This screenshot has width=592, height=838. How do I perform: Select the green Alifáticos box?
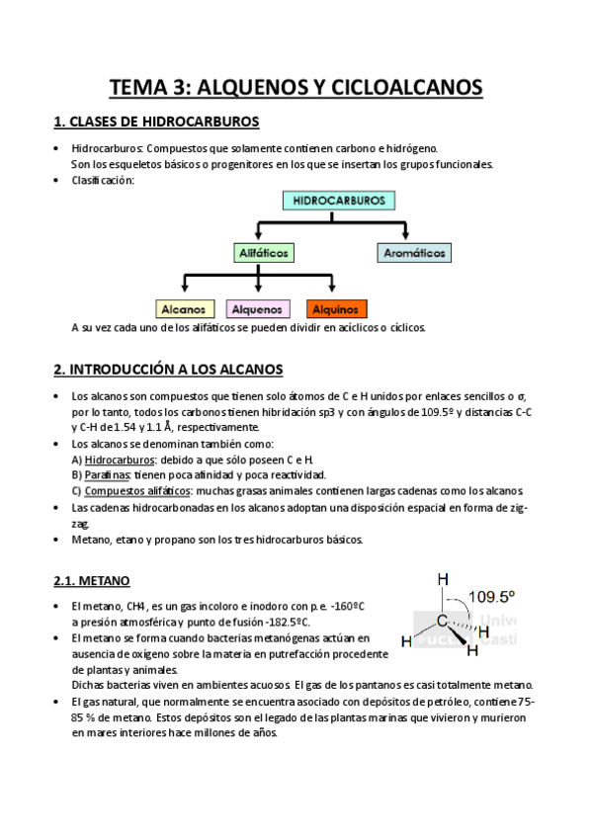coord(264,253)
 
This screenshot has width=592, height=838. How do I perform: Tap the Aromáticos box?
coord(415,253)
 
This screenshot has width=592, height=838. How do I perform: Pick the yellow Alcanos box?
coord(183,308)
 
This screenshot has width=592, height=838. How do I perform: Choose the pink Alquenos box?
coord(258,308)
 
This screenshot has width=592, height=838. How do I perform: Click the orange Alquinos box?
coord(337,308)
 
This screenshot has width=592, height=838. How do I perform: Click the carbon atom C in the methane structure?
coord(445,622)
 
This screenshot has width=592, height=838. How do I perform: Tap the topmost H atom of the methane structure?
coord(443,580)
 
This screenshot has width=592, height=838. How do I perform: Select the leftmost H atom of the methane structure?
coord(406,641)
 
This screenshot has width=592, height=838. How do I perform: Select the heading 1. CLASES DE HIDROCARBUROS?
coord(156,123)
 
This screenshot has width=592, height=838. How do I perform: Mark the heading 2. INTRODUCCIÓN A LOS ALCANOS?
coord(168,370)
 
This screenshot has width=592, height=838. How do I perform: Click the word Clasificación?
coord(103,180)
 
